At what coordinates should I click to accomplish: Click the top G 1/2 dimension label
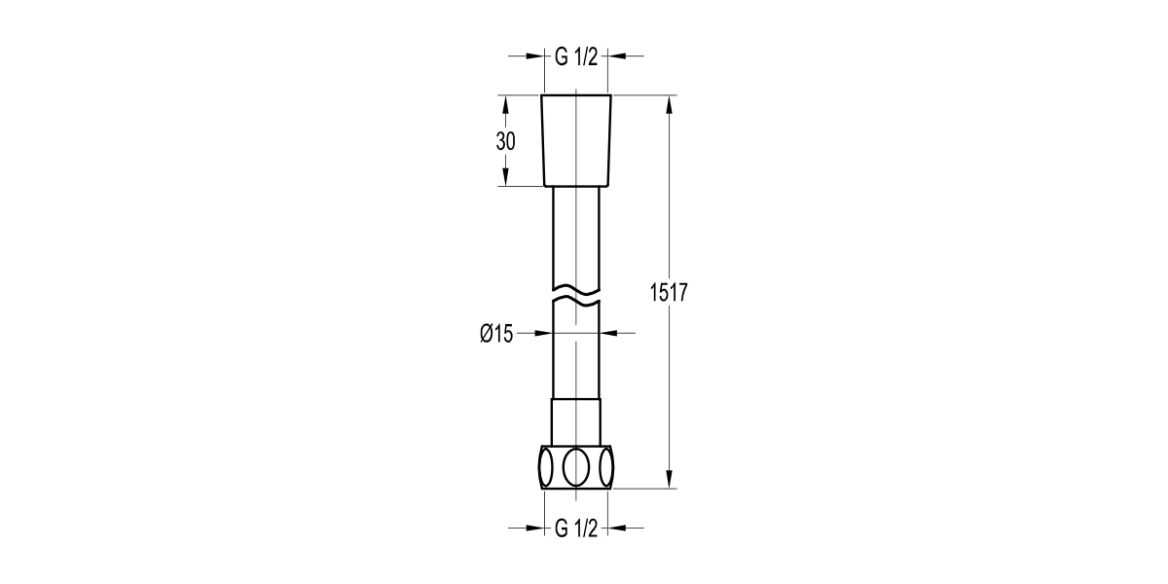575,56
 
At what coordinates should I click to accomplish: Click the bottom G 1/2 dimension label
575,529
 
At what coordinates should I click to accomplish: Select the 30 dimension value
505,141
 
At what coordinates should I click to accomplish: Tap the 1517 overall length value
670,292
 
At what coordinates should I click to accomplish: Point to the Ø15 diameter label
496,334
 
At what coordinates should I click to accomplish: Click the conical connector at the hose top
576,140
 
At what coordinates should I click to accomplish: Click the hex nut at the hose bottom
576,466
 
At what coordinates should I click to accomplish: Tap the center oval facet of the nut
576,466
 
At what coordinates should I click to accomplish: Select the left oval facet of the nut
545,466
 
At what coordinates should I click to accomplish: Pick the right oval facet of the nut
607,466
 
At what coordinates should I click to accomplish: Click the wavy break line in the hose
576,294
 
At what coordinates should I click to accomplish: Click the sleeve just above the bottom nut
576,420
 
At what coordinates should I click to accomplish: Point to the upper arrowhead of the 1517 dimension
670,103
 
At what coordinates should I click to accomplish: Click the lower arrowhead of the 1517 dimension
670,479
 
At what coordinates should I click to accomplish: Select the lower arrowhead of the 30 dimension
505,178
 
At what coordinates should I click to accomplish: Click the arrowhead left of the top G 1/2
533,56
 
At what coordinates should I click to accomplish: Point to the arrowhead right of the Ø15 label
611,334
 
